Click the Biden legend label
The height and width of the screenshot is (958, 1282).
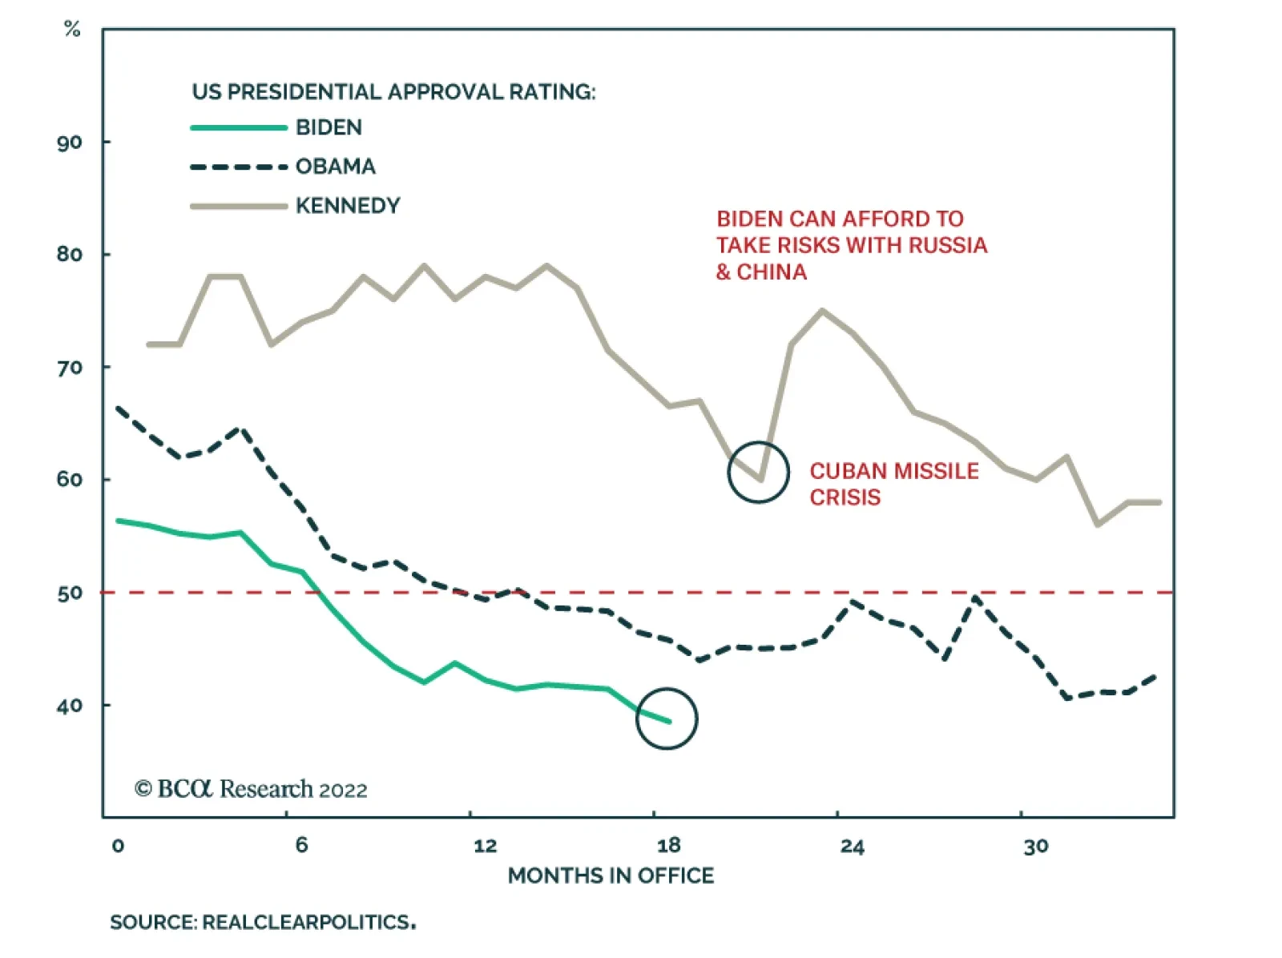[x=329, y=127]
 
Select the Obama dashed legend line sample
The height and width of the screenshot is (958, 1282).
[x=239, y=167]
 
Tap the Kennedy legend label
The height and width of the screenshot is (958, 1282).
[x=347, y=206]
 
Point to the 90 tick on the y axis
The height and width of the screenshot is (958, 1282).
[x=70, y=143]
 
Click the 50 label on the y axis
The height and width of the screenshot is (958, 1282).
[x=70, y=594]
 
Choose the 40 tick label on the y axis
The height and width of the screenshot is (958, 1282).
[x=70, y=706]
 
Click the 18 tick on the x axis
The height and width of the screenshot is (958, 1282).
[x=668, y=846]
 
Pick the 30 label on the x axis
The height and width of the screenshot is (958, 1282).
[x=1035, y=846]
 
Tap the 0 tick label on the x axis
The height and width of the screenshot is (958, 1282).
[x=118, y=846]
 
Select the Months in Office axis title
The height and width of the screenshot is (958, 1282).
[x=611, y=875]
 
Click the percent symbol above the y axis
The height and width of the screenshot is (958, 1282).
[x=72, y=30]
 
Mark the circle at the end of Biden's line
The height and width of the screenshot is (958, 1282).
[x=667, y=718]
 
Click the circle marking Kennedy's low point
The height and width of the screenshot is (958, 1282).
[x=758, y=473]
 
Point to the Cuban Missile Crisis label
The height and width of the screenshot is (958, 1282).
[x=893, y=484]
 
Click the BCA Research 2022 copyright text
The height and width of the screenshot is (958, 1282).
[x=251, y=789]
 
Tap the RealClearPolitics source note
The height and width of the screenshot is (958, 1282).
[x=262, y=922]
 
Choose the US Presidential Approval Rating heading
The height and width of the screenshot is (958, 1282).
[x=393, y=92]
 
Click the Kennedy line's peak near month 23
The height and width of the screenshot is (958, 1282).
[x=822, y=310]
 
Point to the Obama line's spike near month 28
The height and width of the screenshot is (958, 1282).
[x=975, y=597]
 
